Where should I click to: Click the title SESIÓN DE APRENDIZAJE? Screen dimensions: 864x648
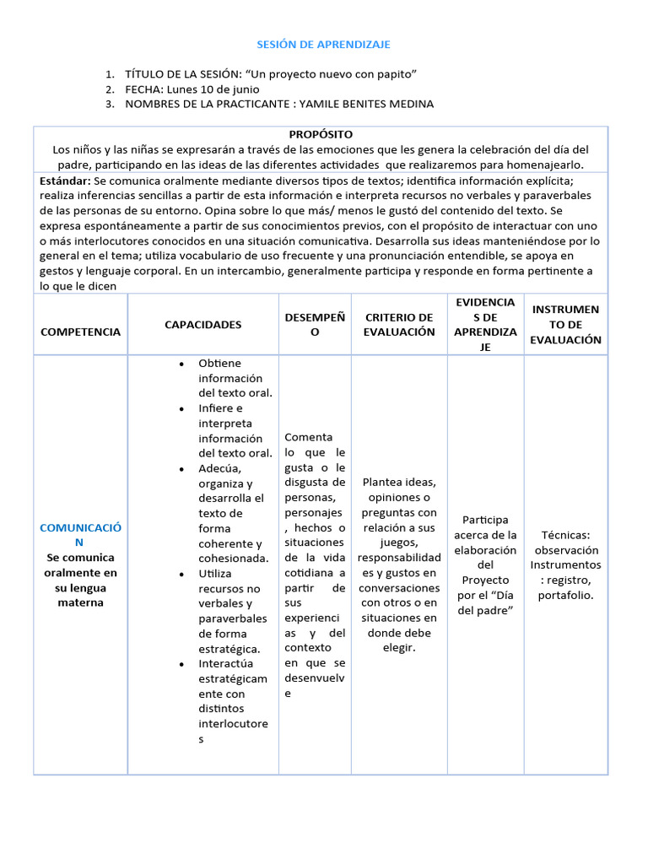(x=323, y=44)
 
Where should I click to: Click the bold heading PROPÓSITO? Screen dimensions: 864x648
(x=321, y=134)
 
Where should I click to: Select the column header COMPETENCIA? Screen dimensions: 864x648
(x=80, y=332)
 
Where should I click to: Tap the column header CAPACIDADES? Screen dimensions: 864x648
(x=202, y=325)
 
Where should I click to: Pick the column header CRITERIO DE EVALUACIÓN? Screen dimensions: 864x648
(x=398, y=325)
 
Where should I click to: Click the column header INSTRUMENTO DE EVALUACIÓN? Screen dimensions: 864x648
(x=565, y=325)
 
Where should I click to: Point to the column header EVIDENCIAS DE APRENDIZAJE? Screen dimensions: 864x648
(x=484, y=325)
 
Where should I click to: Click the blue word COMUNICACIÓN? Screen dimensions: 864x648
(x=80, y=535)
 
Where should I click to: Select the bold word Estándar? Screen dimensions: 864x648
(x=65, y=181)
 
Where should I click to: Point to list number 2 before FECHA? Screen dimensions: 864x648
(x=110, y=89)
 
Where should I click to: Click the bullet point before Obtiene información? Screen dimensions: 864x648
(x=181, y=364)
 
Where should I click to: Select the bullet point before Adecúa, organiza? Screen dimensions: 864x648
(x=181, y=468)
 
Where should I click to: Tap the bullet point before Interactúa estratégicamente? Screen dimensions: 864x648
(x=181, y=664)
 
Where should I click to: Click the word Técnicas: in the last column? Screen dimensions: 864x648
(x=565, y=535)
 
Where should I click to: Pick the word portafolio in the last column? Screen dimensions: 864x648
(x=565, y=595)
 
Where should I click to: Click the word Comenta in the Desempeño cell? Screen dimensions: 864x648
(x=308, y=437)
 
